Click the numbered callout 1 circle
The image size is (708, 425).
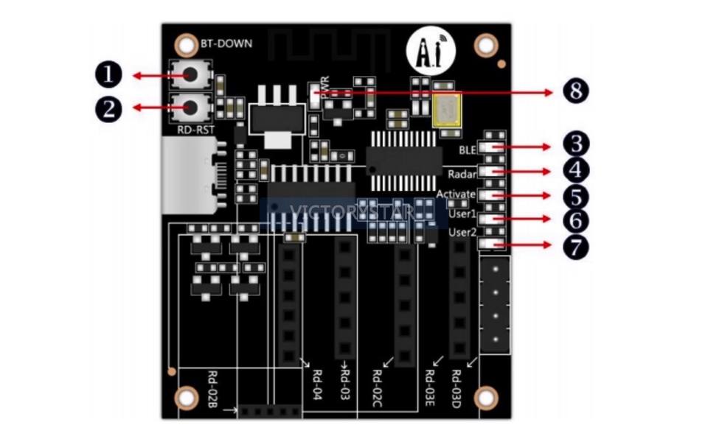[108, 75]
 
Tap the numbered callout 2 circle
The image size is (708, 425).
[108, 109]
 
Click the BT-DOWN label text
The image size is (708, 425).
[226, 43]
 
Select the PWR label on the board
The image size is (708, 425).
[324, 82]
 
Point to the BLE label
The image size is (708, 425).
[468, 150]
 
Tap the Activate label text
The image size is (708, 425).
[456, 194]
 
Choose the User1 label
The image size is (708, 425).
[463, 215]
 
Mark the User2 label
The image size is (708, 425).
[463, 233]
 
